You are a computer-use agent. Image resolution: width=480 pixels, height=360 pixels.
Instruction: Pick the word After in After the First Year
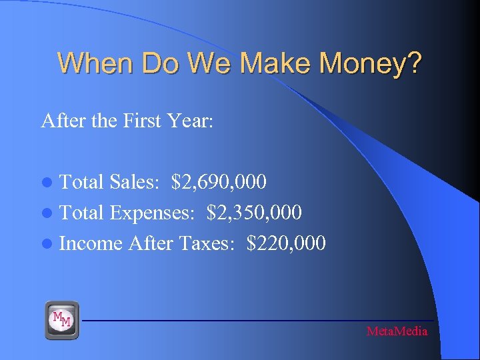point(58,121)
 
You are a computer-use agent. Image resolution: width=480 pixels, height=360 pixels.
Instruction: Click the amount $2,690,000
point(219,181)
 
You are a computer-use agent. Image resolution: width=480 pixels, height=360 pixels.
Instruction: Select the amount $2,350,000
point(255,213)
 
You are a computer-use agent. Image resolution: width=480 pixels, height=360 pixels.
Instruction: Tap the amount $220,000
point(286,243)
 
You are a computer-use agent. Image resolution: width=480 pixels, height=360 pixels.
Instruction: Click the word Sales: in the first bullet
point(136,181)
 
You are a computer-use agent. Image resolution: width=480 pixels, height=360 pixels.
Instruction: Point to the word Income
point(91,243)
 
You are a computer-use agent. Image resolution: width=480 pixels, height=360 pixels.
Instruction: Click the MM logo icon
point(62,320)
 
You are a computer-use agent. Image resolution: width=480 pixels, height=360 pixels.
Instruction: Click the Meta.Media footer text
point(397,331)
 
